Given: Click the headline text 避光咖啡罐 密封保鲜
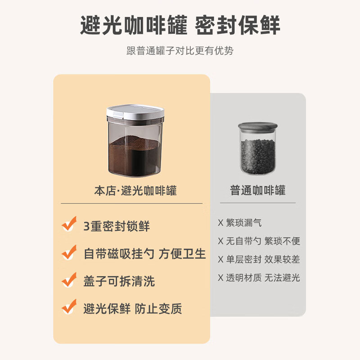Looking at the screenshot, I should pyautogui.click(x=180, y=26).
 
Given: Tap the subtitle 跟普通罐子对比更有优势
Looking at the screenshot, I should pyautogui.click(x=180, y=50).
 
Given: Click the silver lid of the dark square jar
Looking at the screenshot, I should pyautogui.click(x=135, y=113).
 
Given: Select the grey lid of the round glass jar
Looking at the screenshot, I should pyautogui.click(x=258, y=126).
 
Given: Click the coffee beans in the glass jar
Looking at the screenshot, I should pyautogui.click(x=258, y=156).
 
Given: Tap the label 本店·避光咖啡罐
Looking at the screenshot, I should pyautogui.click(x=135, y=190).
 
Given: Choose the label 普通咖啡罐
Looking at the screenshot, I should pyautogui.click(x=258, y=190).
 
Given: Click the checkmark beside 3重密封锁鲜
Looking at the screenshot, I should pyautogui.click(x=69, y=224).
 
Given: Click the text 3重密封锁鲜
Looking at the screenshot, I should pyautogui.click(x=117, y=226).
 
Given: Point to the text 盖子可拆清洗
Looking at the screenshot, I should pyautogui.click(x=119, y=282).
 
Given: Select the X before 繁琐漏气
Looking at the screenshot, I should pyautogui.click(x=220, y=223).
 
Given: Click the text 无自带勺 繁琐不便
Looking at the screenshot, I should pyautogui.click(x=263, y=241).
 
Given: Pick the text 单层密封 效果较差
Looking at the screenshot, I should pyautogui.click(x=263, y=259).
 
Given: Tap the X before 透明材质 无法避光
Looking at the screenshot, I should pyautogui.click(x=220, y=278).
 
